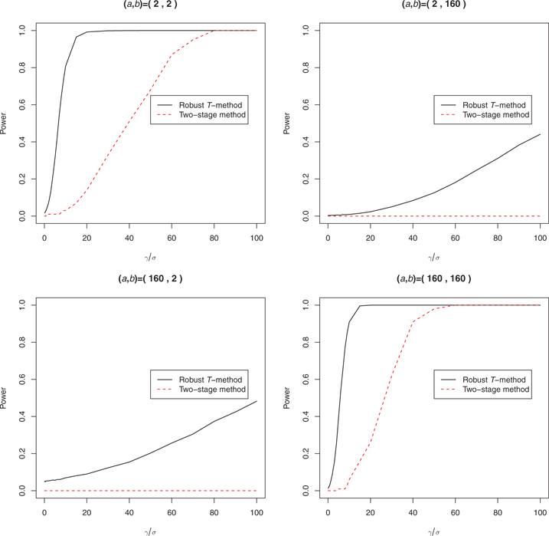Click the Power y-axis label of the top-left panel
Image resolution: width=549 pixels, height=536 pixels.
[5, 124]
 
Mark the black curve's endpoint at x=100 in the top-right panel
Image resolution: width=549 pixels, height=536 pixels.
[541, 134]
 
